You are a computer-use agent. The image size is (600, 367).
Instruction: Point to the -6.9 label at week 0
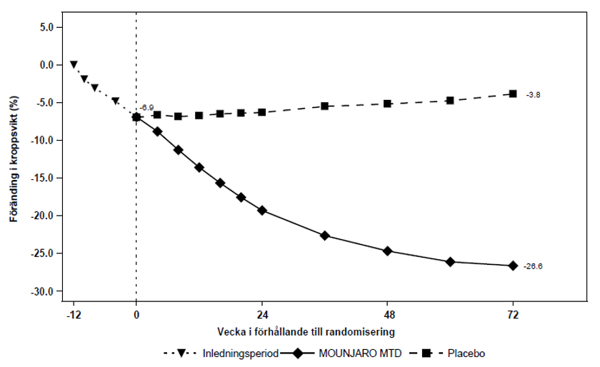(146, 107)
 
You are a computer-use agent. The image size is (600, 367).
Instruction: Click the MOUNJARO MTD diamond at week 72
(513, 266)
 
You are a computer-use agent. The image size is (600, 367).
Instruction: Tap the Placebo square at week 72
(513, 94)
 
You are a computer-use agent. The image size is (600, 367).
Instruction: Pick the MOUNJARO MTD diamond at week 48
(387, 251)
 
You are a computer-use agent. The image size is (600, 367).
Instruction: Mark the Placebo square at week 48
(387, 104)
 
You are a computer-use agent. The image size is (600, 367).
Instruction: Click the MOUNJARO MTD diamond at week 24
(262, 210)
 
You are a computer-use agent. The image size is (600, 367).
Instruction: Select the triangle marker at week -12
(74, 64)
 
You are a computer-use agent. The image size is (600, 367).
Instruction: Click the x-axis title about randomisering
(306, 332)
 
